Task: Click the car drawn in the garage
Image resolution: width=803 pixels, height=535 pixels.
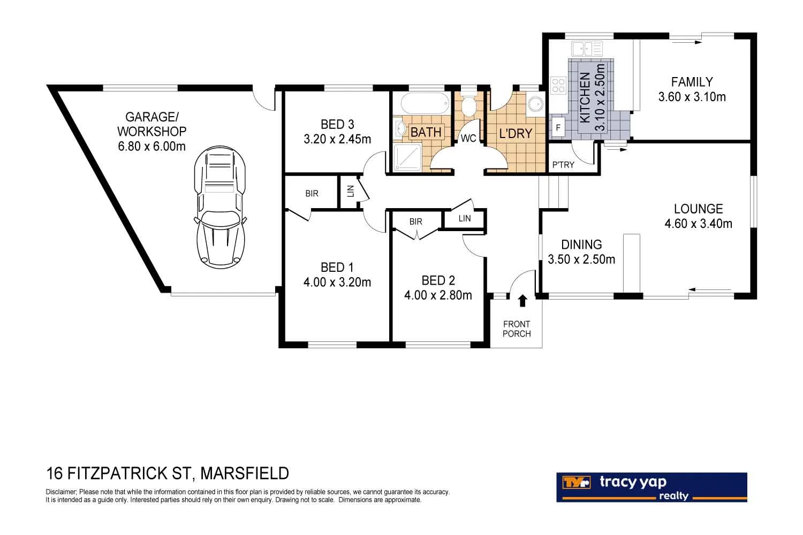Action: [220, 207]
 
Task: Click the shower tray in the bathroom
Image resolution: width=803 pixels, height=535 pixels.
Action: [407, 157]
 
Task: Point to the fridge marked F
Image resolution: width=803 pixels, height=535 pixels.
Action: [558, 127]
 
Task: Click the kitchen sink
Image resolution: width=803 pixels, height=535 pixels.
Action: [587, 48]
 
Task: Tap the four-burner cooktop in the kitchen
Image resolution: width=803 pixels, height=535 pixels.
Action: [558, 86]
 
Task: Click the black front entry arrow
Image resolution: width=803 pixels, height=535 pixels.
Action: [522, 300]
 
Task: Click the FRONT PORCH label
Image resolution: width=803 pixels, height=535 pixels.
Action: [517, 329]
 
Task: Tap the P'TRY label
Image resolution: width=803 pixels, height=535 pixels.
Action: [563, 165]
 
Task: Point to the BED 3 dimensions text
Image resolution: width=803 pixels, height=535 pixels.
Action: [337, 139]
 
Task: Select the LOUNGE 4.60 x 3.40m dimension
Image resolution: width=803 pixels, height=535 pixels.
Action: [698, 224]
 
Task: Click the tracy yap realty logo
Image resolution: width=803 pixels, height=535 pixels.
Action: [652, 487]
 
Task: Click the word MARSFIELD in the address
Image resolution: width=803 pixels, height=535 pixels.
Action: [245, 473]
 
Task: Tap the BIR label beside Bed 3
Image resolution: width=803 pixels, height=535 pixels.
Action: [312, 194]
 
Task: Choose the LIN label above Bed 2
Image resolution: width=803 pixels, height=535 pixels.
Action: [465, 218]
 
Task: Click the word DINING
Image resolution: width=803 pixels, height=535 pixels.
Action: [581, 244]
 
